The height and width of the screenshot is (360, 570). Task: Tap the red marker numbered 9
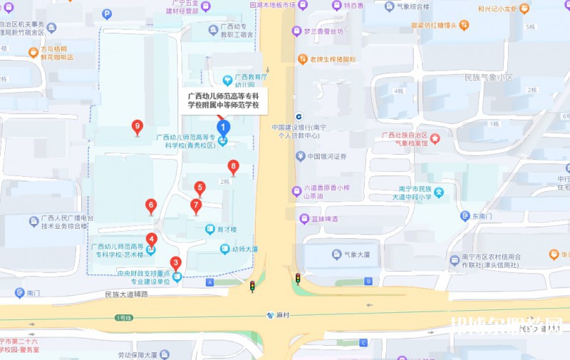[138, 128]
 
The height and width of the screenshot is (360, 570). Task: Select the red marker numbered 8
[233, 168]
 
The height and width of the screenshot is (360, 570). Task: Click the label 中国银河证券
[326, 156]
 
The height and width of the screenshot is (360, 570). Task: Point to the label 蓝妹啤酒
[322, 219]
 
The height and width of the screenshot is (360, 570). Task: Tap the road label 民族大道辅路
[125, 294]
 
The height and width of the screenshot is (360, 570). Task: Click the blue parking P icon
[107, 14]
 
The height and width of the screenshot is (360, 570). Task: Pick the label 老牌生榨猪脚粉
[331, 59]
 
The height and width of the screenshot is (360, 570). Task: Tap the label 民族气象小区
[488, 77]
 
